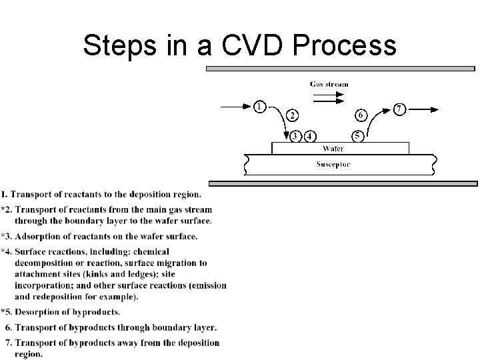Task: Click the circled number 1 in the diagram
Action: [x=259, y=105]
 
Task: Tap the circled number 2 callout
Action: [x=292, y=115]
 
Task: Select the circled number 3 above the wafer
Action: [x=295, y=137]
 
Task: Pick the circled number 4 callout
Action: [x=309, y=137]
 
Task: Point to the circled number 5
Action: [x=358, y=137]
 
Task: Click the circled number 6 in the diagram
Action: [x=360, y=115]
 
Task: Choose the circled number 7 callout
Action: [x=399, y=108]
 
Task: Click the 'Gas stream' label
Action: [x=329, y=84]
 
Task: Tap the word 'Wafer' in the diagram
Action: [x=333, y=149]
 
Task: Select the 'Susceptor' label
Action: [x=333, y=164]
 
